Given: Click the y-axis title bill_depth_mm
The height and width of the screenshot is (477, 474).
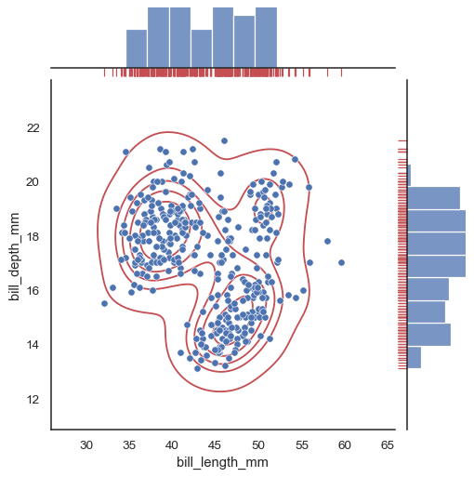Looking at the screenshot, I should [x=14, y=255].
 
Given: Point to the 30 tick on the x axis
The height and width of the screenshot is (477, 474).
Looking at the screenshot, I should [x=88, y=444].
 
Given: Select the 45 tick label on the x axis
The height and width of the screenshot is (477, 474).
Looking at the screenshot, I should [x=216, y=444].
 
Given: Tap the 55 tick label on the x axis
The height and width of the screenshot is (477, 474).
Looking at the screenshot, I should [x=301, y=444].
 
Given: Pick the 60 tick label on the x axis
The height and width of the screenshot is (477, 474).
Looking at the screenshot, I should [x=344, y=444].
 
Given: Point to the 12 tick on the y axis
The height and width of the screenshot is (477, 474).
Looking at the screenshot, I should [x=33, y=400].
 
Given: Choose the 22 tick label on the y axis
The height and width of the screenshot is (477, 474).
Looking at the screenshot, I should [x=33, y=127].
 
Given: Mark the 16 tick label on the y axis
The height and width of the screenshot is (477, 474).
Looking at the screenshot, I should [x=33, y=291].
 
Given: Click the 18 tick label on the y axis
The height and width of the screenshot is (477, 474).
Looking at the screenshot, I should [x=33, y=236].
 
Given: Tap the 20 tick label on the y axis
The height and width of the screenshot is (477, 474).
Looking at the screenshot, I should [x=33, y=182].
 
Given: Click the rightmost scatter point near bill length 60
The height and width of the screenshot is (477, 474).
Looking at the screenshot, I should [x=341, y=262].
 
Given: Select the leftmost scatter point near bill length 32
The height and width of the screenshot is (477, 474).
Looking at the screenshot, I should [x=104, y=303].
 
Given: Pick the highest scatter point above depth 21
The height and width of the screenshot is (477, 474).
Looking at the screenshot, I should [x=224, y=140].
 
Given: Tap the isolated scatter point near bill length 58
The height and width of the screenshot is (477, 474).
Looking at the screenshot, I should [x=327, y=242].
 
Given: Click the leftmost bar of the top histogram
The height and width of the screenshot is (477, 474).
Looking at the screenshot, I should [x=137, y=48].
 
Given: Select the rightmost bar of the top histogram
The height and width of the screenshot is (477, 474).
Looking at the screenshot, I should [x=266, y=37].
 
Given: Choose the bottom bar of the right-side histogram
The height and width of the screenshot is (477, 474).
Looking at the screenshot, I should [x=415, y=357].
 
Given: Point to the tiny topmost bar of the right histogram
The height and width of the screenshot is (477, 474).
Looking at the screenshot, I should [x=409, y=175].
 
